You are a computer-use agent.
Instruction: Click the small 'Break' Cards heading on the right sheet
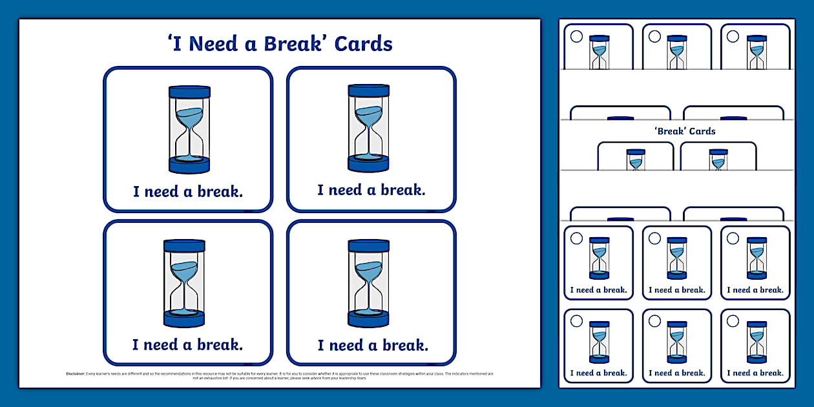[685, 131]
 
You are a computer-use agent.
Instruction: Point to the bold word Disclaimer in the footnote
[79, 373]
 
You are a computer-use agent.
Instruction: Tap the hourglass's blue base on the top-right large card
[368, 163]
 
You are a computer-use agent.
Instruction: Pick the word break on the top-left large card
[220, 191]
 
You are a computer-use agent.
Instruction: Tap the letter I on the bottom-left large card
[136, 345]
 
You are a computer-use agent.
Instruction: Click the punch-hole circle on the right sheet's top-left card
[576, 36]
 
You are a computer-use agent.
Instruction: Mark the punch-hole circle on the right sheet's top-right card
[733, 36]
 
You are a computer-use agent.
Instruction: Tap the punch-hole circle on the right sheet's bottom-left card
[576, 321]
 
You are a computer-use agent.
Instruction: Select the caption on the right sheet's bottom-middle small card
[677, 373]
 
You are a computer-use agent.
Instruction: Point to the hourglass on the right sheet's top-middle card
[677, 52]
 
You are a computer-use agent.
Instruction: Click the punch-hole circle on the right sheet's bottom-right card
[733, 321]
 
